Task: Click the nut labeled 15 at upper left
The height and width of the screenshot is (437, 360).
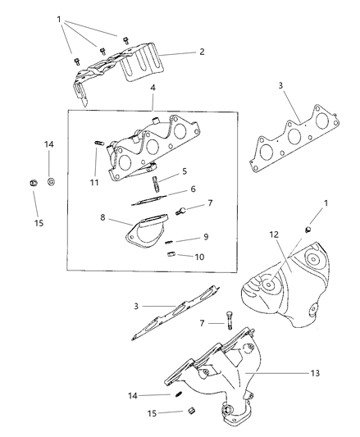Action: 33,181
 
